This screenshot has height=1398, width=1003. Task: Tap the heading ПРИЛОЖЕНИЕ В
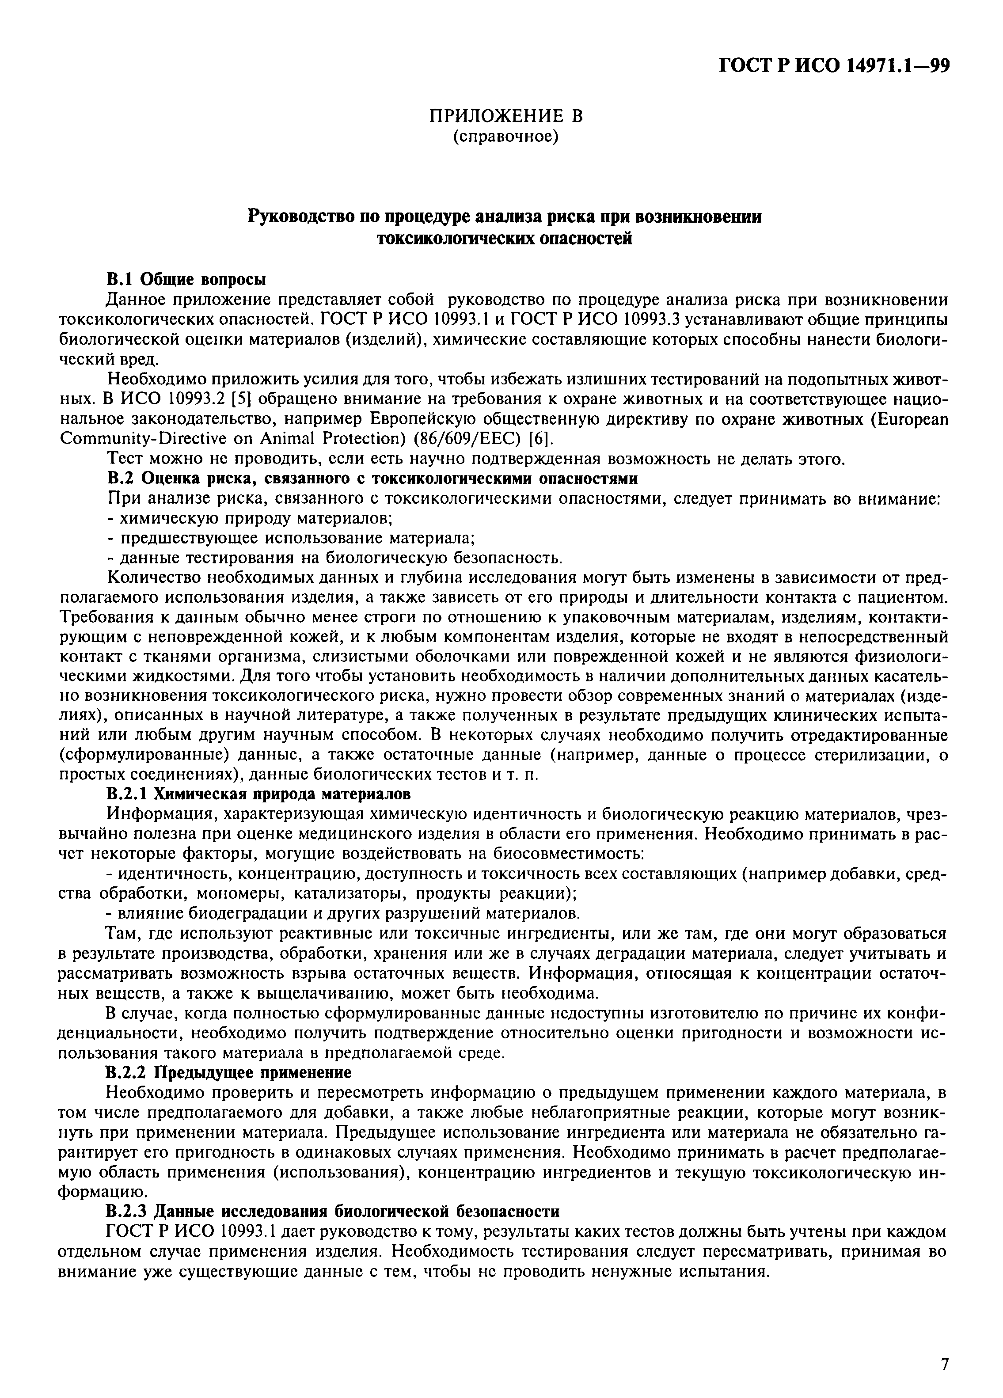(505, 116)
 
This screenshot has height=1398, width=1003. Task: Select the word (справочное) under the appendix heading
(505, 136)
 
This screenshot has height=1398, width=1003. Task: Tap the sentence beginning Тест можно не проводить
(475, 459)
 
